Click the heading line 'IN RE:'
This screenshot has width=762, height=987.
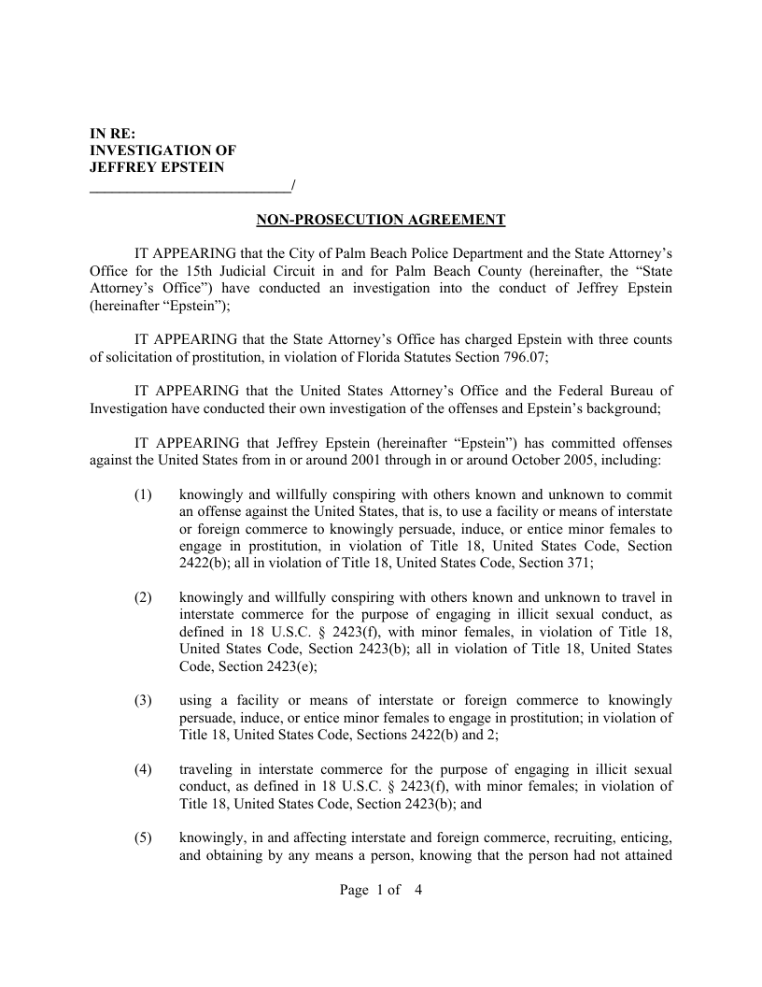(112, 133)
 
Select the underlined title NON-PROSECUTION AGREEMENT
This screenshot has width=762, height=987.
(381, 221)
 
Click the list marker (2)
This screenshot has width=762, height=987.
(143, 598)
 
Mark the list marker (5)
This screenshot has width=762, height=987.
(143, 838)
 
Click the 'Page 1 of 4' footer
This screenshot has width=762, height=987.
(381, 891)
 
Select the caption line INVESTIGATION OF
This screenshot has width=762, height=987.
(162, 150)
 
